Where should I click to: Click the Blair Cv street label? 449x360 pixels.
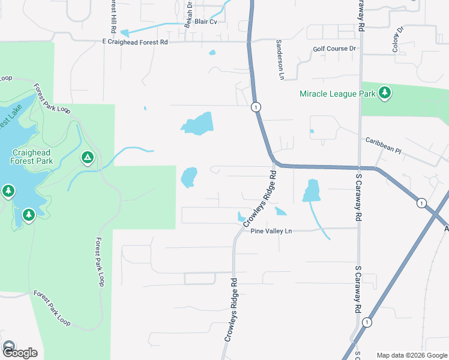tap(205, 21)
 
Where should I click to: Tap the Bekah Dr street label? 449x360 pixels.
tap(188, 12)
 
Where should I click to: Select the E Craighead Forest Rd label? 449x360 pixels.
tap(135, 41)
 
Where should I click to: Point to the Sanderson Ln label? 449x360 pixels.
tap(279, 59)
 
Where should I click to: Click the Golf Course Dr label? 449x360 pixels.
tap(334, 49)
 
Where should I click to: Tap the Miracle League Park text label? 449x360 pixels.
tap(337, 94)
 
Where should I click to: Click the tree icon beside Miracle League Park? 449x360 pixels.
tap(385, 93)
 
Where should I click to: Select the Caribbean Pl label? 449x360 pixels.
tap(384, 145)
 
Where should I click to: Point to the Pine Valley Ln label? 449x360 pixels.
tap(271, 231)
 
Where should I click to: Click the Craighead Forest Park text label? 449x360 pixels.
tap(31, 157)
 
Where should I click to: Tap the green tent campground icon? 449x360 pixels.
tap(87, 158)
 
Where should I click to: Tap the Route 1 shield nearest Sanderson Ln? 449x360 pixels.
tap(256, 107)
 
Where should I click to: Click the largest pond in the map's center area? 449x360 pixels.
tap(197, 124)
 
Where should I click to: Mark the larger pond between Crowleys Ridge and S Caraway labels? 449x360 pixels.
tap(312, 190)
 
